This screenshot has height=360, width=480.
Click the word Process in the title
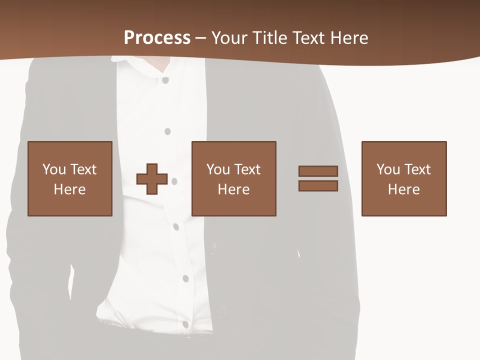pyautogui.click(x=157, y=37)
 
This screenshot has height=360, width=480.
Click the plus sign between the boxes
pyautogui.click(x=152, y=179)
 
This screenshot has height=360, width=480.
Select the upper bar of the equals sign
pyautogui.click(x=318, y=171)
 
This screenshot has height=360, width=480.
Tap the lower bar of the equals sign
pyautogui.click(x=318, y=186)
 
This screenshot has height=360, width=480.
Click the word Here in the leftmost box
pyautogui.click(x=70, y=189)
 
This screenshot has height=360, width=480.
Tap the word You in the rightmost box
pyautogui.click(x=388, y=169)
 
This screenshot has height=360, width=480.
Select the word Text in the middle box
pyautogui.click(x=248, y=169)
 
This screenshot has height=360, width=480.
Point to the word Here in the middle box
pyautogui.click(x=234, y=189)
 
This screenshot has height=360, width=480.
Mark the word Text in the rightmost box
pyautogui.click(x=418, y=169)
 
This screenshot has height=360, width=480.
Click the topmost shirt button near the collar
pyautogui.click(x=165, y=80)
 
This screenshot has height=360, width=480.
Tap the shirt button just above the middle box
pyautogui.click(x=167, y=131)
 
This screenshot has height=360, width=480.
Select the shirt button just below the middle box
pyautogui.click(x=176, y=226)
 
